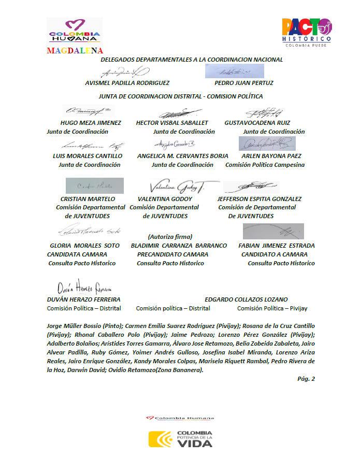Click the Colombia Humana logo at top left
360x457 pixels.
pos(74,32)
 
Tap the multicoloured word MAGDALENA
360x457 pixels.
pos(75,51)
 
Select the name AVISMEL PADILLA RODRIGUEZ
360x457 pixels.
pos(127,83)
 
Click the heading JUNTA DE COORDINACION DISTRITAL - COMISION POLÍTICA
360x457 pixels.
pos(181,96)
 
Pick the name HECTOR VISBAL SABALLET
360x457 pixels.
pos(172,123)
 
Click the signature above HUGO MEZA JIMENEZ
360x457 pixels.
pos(88,111)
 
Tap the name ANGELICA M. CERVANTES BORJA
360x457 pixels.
pos(182,155)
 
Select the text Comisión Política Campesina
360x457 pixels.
pos(265,165)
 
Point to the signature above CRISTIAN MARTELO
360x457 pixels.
pos(95,185)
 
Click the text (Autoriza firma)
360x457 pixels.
pos(170,236)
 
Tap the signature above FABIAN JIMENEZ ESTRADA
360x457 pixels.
pos(273,231)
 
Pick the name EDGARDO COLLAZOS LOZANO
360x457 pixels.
pos(246,299)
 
